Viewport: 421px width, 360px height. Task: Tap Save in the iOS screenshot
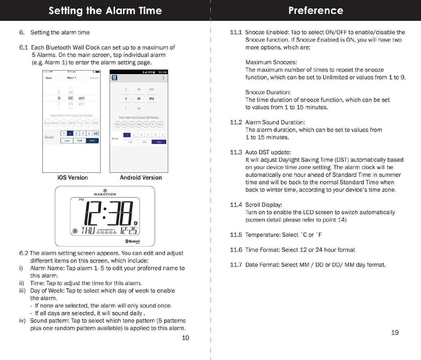click(48, 78)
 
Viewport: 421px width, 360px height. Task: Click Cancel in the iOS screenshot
click(94, 78)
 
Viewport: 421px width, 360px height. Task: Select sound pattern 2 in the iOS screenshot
click(70, 133)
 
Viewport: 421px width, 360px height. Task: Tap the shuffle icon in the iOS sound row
click(95, 133)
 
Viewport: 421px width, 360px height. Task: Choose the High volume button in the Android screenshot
click(159, 142)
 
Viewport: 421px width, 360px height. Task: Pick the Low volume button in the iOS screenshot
click(67, 141)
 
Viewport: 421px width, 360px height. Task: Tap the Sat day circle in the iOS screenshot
click(95, 123)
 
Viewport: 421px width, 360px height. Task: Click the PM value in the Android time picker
click(151, 99)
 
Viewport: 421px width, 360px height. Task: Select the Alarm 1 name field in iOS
click(71, 78)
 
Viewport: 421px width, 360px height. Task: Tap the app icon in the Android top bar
click(114, 78)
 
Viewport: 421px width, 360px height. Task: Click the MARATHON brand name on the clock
click(105, 194)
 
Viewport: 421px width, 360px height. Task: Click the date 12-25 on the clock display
click(130, 231)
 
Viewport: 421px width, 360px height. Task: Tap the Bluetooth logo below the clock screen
click(133, 241)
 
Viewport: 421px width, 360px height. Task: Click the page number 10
click(185, 338)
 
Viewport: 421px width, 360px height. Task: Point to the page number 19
click(395, 333)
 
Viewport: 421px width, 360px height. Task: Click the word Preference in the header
click(316, 11)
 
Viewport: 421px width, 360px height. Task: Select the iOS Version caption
click(73, 178)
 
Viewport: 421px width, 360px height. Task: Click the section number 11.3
click(236, 152)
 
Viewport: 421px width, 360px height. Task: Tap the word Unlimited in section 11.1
click(335, 77)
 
